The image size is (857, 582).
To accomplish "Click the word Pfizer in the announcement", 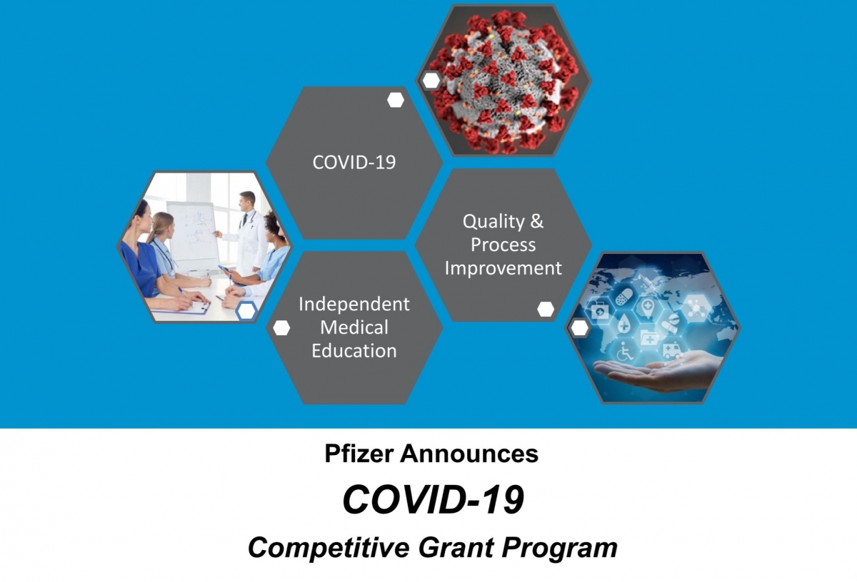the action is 359,454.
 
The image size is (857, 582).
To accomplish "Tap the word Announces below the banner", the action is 469,454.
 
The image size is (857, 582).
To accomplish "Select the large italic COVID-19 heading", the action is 433,499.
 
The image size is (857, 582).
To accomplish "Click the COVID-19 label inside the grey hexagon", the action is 354,162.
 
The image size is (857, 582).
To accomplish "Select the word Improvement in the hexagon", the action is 503,268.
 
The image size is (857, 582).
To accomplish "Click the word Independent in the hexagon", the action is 354,304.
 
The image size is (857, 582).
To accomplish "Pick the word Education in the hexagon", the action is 354,351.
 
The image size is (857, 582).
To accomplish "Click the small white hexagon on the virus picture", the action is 431,81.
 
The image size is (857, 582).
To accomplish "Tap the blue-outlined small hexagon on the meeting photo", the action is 246,311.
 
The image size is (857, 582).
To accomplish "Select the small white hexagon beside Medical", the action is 281,328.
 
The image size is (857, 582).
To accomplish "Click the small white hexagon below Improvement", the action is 546,309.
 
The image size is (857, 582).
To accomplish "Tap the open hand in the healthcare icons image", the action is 658,372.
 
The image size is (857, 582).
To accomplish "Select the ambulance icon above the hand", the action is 673,349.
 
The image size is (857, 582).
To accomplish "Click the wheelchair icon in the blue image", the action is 625,351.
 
